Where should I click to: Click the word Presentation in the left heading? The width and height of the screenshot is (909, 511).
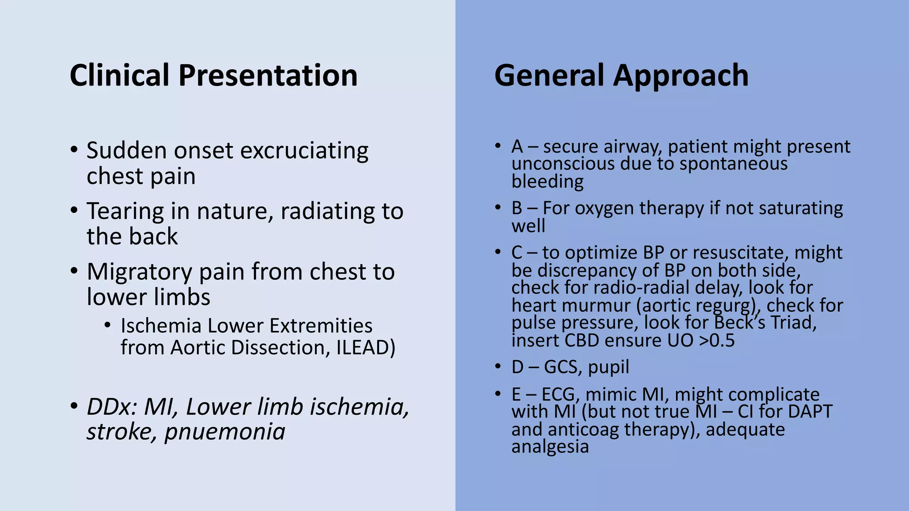(x=268, y=75)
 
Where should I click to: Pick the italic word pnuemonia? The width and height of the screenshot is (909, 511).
(x=225, y=432)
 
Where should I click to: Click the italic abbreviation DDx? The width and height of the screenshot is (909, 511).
(x=111, y=407)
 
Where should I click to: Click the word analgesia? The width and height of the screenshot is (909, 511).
(x=550, y=447)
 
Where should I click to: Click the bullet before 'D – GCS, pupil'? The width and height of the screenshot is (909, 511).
(x=498, y=367)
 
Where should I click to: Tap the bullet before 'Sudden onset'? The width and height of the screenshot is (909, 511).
(x=74, y=150)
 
